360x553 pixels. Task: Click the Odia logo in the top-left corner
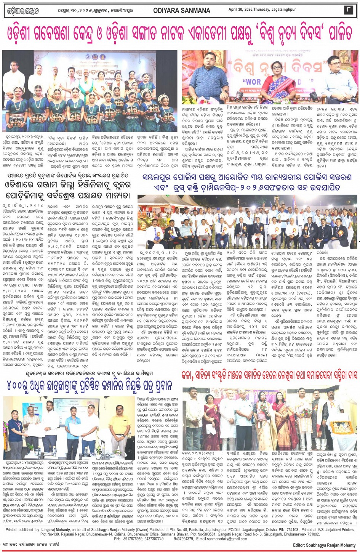24,11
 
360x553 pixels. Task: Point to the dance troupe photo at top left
90,91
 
